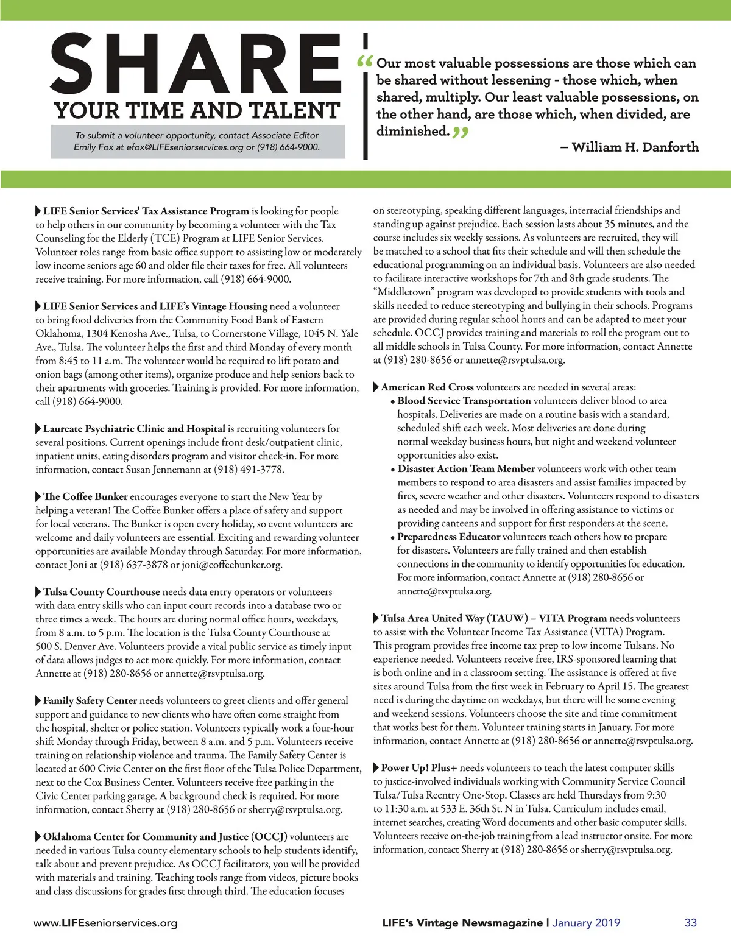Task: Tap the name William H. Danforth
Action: (635, 147)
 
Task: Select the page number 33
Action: (690, 922)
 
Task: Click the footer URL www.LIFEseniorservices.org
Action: (105, 923)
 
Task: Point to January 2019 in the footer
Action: (586, 922)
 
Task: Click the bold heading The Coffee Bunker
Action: (85, 496)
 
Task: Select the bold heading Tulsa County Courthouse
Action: (101, 591)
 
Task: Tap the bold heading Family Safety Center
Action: (90, 700)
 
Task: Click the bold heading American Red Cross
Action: (427, 387)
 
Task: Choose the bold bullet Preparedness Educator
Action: (448, 537)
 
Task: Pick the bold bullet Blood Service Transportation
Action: (464, 401)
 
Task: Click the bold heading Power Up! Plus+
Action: (419, 767)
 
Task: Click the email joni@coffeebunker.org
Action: (231, 565)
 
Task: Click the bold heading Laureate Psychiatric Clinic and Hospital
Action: (134, 428)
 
